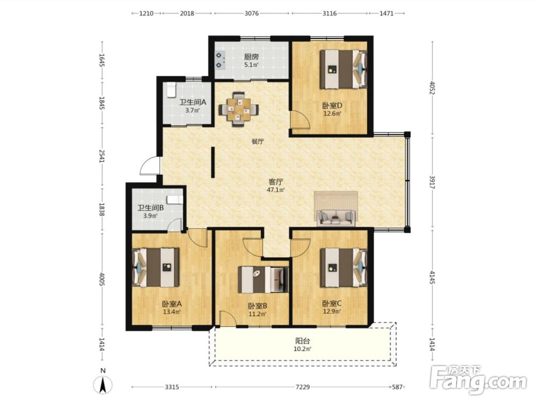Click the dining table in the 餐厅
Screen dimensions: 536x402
[239, 109]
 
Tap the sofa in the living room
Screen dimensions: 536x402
[336, 218]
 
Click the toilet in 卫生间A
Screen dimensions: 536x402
[171, 90]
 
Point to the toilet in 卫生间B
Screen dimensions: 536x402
[175, 199]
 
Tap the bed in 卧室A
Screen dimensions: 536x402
[156, 267]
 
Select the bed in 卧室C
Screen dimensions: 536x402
[343, 267]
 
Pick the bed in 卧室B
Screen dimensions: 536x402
[263, 280]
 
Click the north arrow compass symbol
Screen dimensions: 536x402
[103, 382]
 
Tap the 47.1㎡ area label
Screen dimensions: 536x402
[276, 190]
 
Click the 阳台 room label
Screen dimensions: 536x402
[302, 341]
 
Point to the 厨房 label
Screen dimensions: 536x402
[251, 57]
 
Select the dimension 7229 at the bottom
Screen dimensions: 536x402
[302, 387]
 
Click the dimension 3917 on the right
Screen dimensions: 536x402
[432, 181]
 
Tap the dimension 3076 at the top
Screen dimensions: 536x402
[251, 13]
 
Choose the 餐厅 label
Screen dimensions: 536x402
[258, 142]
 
